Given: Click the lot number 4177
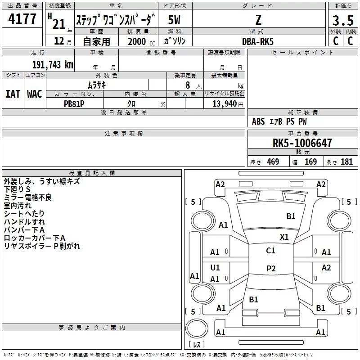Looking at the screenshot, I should (x=22, y=19).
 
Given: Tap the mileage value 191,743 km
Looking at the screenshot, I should (x=53, y=64).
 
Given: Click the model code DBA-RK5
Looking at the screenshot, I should (x=257, y=41).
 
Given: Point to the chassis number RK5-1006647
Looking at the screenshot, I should (x=302, y=143).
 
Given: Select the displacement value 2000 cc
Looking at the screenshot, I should (x=137, y=41).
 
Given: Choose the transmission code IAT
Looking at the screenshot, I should (x=13, y=94).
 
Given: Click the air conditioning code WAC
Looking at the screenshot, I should (x=34, y=94).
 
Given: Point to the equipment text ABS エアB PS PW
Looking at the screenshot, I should (x=280, y=121).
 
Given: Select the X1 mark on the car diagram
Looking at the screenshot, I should (x=284, y=237).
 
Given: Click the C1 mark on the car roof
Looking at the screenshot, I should (x=270, y=251).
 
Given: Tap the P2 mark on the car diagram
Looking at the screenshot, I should (x=270, y=268).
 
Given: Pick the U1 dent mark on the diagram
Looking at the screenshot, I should (x=215, y=268).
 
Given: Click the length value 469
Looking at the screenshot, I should (x=273, y=162).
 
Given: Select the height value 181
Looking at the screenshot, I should (x=346, y=162).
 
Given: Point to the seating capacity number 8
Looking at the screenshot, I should (x=187, y=85).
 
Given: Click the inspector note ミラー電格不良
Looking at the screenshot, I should (x=27, y=198).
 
